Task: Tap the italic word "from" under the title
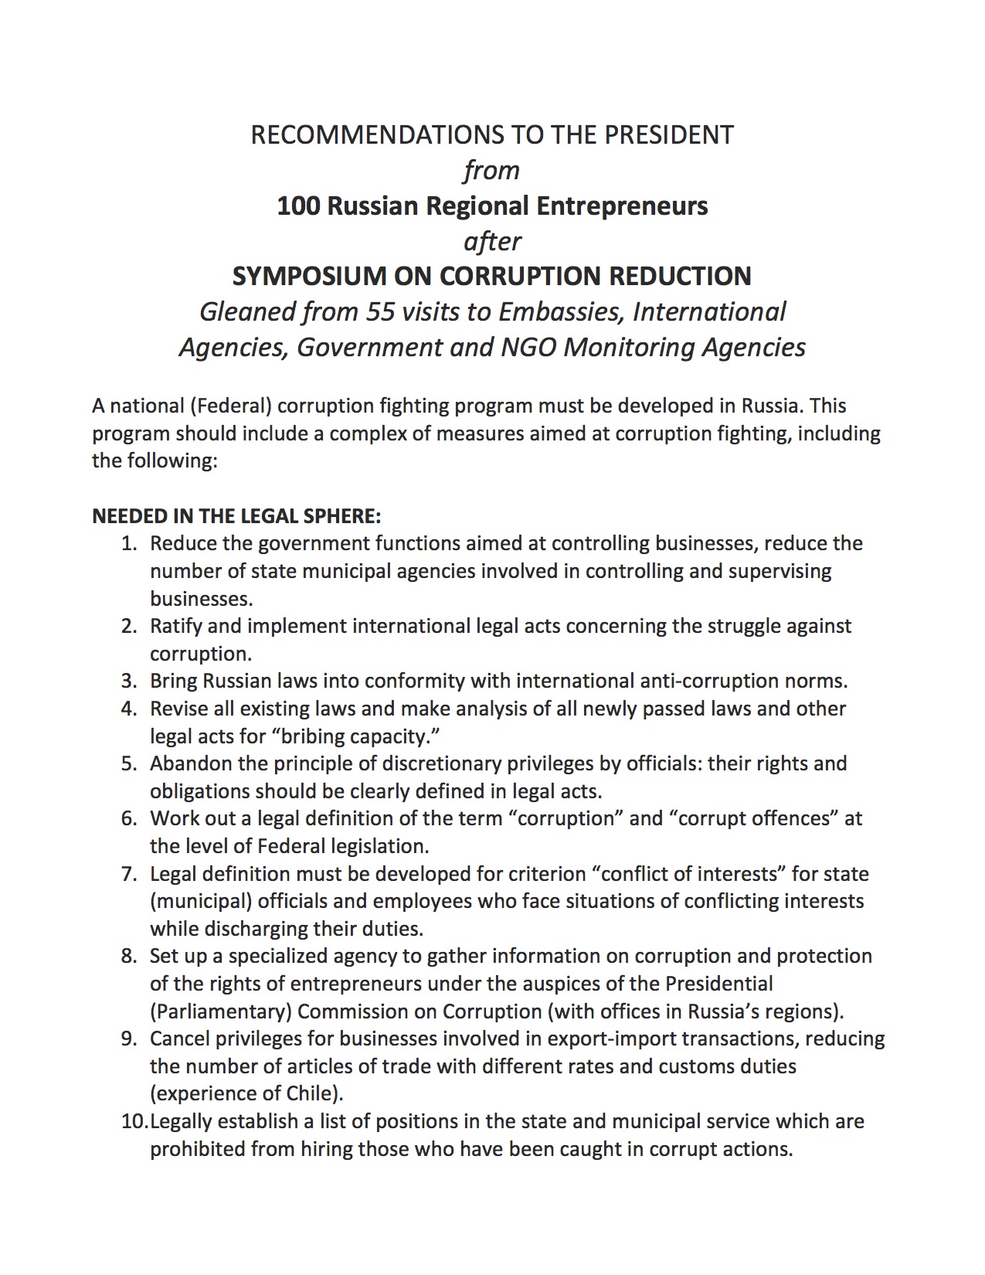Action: pyautogui.click(x=491, y=171)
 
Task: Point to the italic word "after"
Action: pyautogui.click(x=492, y=241)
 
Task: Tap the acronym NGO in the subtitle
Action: pyautogui.click(x=529, y=348)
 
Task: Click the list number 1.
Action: pyautogui.click(x=129, y=543)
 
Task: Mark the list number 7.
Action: pyautogui.click(x=129, y=874)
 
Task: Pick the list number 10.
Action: pyautogui.click(x=134, y=1121)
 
